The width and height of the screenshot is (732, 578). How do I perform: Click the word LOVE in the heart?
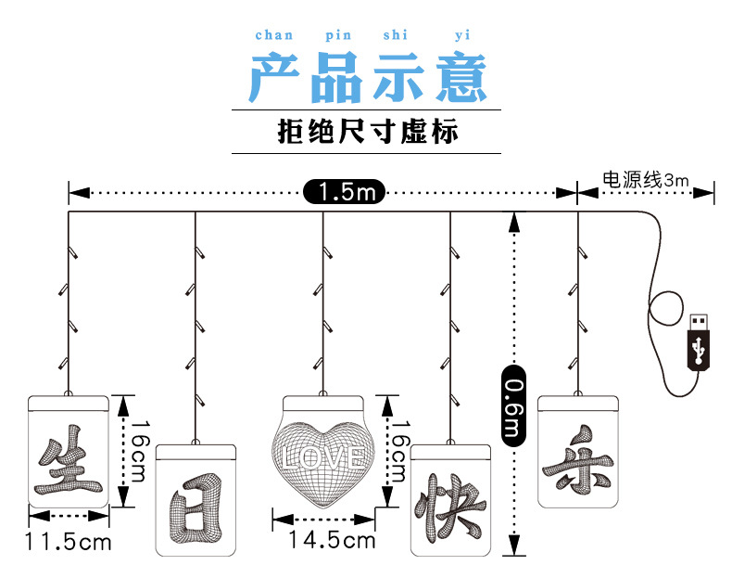(324, 456)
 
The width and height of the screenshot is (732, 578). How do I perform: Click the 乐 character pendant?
(577, 455)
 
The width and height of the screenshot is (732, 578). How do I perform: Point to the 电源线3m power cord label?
(646, 180)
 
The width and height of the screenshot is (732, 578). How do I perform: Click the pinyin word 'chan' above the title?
(273, 35)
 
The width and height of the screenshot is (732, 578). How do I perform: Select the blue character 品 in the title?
(335, 78)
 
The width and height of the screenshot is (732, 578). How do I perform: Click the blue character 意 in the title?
(456, 78)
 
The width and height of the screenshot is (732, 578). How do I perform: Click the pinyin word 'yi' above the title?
(462, 35)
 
